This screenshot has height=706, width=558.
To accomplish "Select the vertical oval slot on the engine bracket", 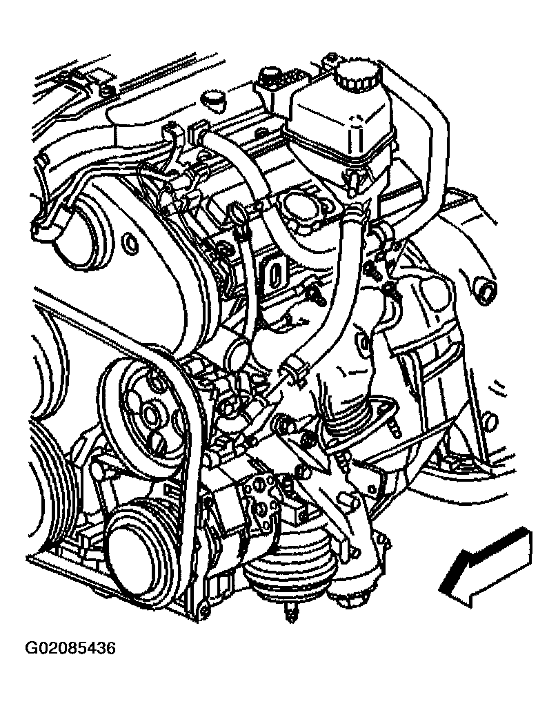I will (x=277, y=273).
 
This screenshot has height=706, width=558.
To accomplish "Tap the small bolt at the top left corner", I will (x=106, y=91).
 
